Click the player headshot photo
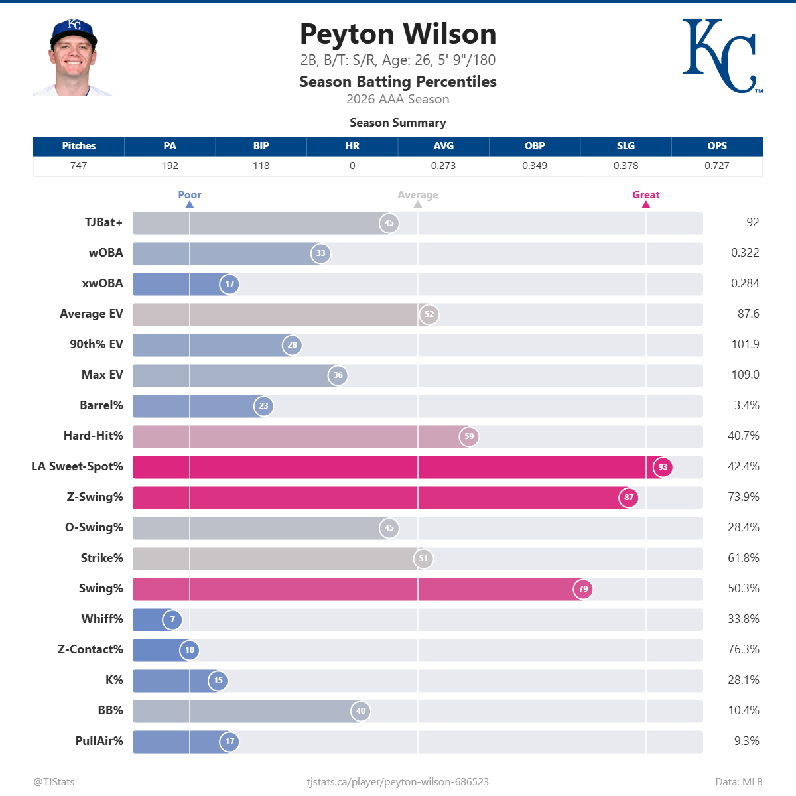pos(73,57)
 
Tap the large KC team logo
pos(722,56)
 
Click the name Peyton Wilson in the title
pos(398,34)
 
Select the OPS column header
pos(716,146)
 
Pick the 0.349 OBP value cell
pos(535,166)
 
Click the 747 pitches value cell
pos(78,166)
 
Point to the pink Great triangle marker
pos(646,204)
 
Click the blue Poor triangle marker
pos(190,204)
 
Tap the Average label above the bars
pos(418,194)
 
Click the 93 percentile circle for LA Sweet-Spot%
pos(663,467)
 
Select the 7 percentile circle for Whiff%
pos(172,619)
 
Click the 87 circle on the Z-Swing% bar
pos(628,497)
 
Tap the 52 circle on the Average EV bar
pos(429,314)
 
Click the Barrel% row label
pos(101,405)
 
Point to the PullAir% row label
pos(99,741)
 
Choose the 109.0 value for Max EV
pos(745,375)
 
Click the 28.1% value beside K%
pos(744,680)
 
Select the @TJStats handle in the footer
pos(54,782)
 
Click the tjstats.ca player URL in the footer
pos(397,782)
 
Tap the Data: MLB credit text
pos(739,782)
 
